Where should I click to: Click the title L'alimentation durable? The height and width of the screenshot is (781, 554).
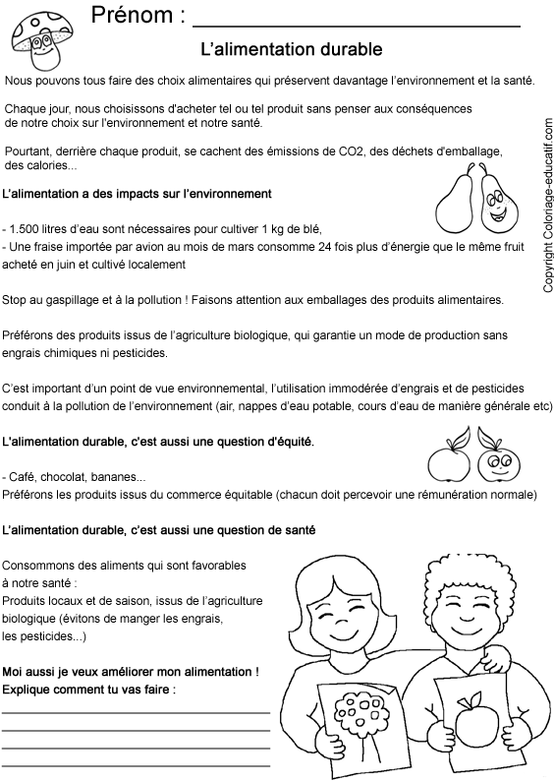[291, 47]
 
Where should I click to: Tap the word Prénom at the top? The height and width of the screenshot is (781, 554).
[137, 17]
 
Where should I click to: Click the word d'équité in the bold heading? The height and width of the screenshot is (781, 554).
[285, 442]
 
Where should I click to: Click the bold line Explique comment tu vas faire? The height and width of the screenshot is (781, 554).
[91, 690]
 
